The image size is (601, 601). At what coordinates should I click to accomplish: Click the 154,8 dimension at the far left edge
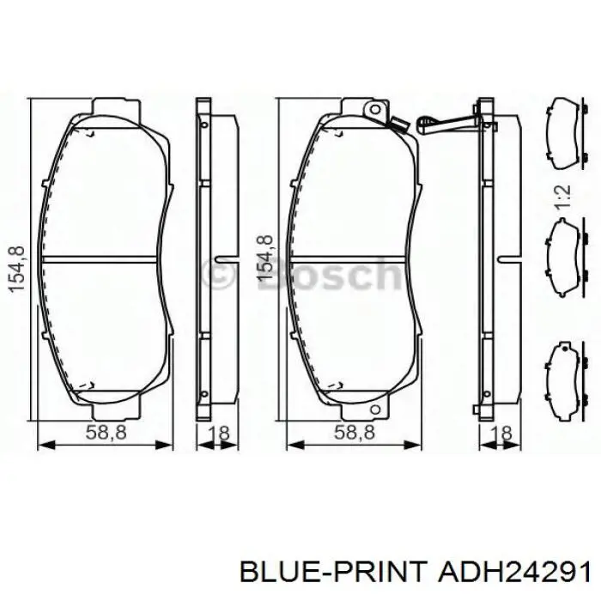[17, 270]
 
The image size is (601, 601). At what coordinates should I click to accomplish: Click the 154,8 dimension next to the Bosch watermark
[265, 258]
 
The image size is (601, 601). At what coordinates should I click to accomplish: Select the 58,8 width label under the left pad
[106, 433]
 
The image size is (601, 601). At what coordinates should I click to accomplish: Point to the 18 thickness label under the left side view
[218, 434]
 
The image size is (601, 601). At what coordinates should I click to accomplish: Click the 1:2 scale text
[564, 197]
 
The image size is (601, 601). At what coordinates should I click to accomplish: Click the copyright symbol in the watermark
[217, 273]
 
